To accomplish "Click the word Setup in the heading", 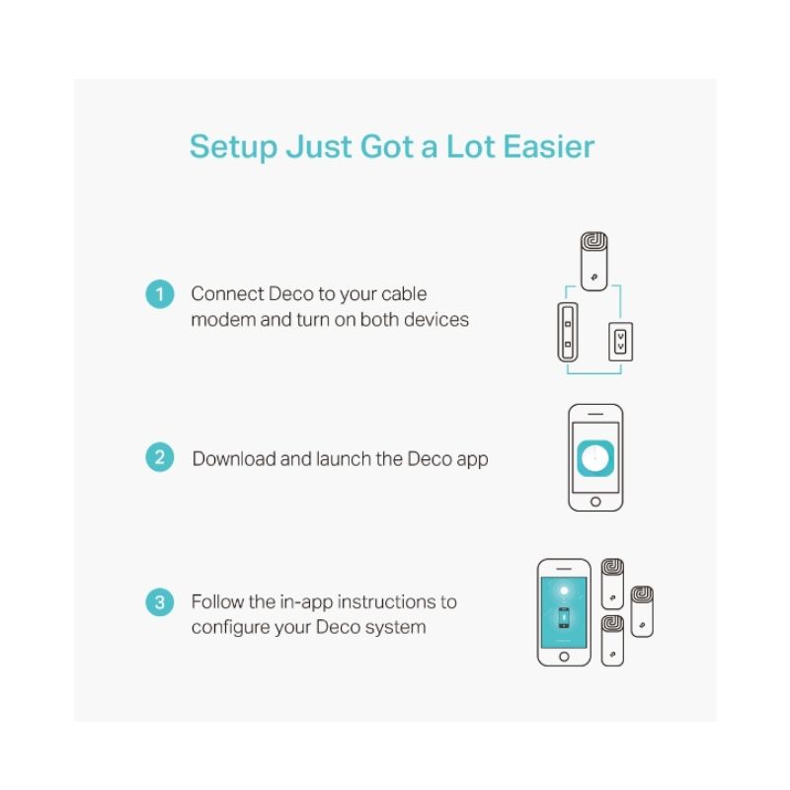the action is tap(233, 147).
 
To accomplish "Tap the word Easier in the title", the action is tap(549, 146).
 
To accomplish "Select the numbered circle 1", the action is tap(160, 294).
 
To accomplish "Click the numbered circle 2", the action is tap(160, 457).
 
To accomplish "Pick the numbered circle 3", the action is tap(160, 602).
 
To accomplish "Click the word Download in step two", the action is tap(234, 458).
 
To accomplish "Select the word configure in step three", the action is tap(230, 628).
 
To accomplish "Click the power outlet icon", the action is tap(621, 342).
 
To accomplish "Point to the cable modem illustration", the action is tap(568, 332).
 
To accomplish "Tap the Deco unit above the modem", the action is tap(594, 261).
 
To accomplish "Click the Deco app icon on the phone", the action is tap(595, 458).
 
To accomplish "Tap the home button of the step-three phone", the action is tap(564, 657).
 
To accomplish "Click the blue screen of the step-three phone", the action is tap(564, 612).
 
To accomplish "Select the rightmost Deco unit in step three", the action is tap(642, 611).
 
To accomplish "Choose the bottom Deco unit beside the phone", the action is tap(612, 640).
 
